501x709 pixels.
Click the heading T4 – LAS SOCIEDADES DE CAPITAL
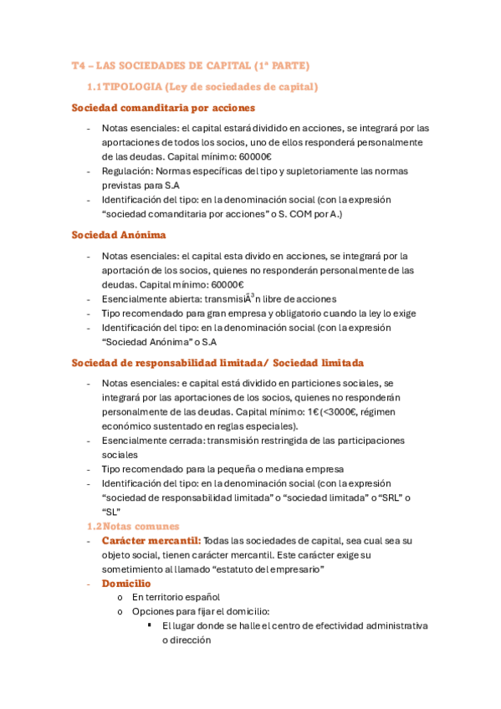coord(191,65)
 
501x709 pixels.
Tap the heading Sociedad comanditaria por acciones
coord(163,108)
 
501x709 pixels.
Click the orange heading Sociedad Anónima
coord(119,235)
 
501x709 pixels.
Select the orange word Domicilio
coord(126,583)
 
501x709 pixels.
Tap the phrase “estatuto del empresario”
coord(272,569)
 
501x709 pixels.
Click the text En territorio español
coord(176,597)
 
